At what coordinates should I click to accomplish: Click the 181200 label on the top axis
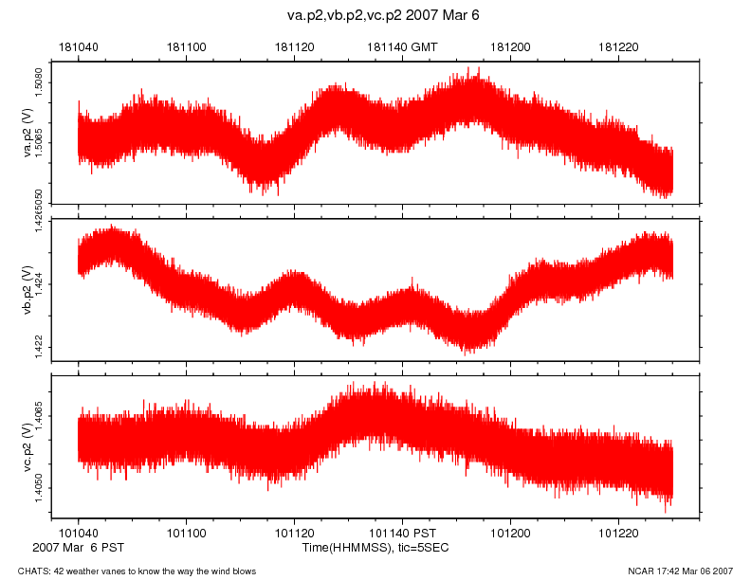511,46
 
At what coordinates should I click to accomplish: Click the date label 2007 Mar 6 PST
78,548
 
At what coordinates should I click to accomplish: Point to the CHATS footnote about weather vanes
130,571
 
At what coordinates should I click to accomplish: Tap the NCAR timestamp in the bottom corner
681,571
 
